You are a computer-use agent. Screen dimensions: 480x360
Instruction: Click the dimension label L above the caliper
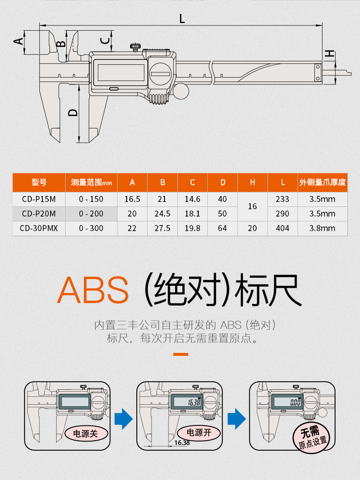point(182,19)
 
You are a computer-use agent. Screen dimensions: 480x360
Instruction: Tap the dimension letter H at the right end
point(329,54)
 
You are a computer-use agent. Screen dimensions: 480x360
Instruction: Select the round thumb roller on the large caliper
point(180,91)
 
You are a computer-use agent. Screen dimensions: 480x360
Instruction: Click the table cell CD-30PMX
point(39,228)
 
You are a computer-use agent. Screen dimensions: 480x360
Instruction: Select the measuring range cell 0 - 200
point(91,214)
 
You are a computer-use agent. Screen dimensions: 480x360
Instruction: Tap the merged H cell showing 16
point(252,206)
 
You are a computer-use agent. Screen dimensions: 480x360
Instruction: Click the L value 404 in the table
point(283,228)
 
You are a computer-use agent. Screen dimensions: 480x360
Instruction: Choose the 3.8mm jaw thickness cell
point(322,228)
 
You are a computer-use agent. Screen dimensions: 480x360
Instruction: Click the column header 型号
point(39,182)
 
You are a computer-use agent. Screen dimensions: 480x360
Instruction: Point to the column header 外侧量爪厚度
point(322,182)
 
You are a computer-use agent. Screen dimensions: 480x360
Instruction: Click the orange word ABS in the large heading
point(93,291)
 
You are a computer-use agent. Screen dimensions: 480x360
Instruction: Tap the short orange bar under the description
point(180,354)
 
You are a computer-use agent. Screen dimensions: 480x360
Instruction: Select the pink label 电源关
point(85,433)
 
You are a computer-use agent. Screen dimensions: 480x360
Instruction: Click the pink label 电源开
point(199,433)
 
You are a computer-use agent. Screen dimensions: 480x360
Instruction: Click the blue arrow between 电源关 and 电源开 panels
point(125,418)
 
